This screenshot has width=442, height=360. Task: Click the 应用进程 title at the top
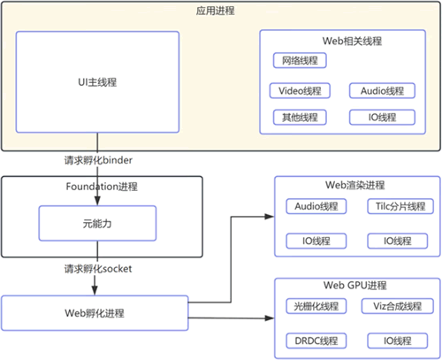click(216, 11)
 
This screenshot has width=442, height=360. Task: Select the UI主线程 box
click(97, 82)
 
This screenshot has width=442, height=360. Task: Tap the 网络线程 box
click(300, 60)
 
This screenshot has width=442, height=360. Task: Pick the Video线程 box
click(300, 90)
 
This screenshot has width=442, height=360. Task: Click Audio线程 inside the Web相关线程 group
click(382, 90)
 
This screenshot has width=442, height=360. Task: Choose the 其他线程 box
click(300, 118)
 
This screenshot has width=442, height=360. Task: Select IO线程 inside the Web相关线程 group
click(382, 118)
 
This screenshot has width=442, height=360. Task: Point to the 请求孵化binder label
click(98, 160)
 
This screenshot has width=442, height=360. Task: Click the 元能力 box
click(97, 223)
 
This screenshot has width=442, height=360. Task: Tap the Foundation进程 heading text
click(102, 187)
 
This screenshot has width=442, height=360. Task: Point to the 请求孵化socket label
click(98, 269)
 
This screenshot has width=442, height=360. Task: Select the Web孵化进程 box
click(95, 313)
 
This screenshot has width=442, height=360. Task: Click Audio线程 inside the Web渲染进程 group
click(316, 206)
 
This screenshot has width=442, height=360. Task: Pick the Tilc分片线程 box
click(400, 206)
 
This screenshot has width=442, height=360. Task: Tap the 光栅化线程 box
click(316, 306)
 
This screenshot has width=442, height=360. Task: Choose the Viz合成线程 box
click(398, 306)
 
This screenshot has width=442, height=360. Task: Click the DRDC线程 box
click(316, 341)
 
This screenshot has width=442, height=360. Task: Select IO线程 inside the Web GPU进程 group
click(398, 341)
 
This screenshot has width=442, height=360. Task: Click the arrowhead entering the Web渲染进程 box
click(270, 217)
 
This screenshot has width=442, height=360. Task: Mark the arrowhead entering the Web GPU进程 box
click(270, 318)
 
